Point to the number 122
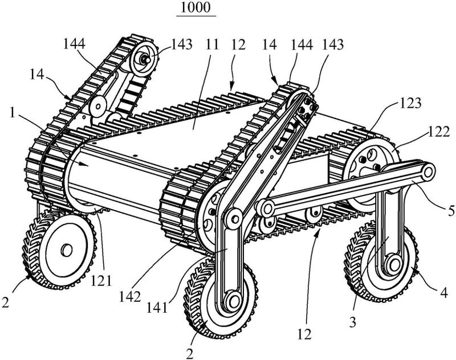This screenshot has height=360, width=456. tap(439, 132)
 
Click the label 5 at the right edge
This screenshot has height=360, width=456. tap(451, 211)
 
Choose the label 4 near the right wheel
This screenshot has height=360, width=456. tap(444, 293)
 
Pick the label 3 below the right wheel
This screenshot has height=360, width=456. tap(352, 322)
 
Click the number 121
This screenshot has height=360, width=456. tap(101, 281)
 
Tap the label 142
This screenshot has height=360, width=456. tap(130, 297)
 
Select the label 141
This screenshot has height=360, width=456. tap(158, 308)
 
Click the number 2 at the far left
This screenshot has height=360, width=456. tap(6, 302)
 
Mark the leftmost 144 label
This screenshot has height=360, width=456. tap(74, 44)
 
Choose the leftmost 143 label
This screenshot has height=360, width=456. tap(181, 44)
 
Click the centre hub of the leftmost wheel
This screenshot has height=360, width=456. tap(67, 250)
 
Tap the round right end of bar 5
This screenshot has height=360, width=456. tap(427, 172)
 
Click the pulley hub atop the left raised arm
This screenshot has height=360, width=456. tap(144, 59)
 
